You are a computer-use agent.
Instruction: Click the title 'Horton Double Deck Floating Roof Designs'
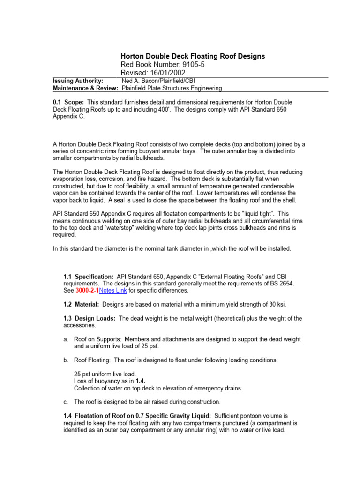193,56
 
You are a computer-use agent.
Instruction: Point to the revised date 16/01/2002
167,73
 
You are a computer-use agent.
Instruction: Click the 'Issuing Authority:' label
78,81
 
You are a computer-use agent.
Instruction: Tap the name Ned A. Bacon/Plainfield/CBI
158,81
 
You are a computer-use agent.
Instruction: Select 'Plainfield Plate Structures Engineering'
172,88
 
